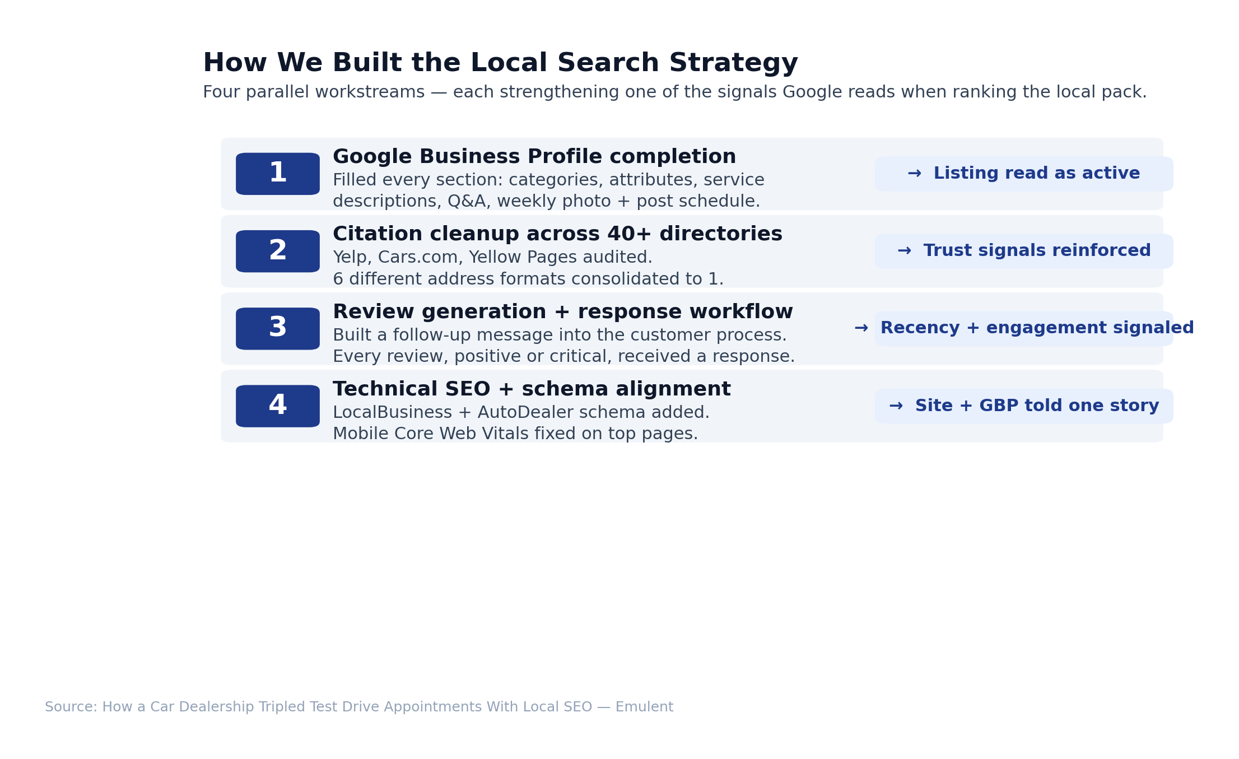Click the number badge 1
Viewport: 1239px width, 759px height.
(x=278, y=174)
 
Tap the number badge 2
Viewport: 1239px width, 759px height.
(x=278, y=252)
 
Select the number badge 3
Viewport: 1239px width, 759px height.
(x=278, y=329)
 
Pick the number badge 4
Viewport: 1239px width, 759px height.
(x=278, y=406)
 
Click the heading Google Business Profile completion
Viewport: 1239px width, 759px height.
(x=534, y=157)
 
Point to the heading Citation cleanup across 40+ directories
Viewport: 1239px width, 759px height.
(x=557, y=234)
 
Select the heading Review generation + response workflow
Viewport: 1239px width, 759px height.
(x=563, y=312)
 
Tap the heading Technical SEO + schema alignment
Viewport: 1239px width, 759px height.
(x=532, y=389)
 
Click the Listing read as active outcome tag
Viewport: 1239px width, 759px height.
(x=1024, y=174)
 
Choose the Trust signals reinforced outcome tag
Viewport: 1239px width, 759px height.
(x=1024, y=251)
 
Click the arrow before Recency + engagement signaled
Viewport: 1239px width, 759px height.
(x=861, y=328)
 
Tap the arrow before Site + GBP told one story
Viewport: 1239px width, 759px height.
(x=896, y=406)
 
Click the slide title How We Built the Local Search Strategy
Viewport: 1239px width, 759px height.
(x=500, y=63)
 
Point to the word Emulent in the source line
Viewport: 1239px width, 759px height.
(x=644, y=707)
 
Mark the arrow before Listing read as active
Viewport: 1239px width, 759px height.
(x=914, y=174)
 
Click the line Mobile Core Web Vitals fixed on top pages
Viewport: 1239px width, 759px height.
(x=515, y=434)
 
